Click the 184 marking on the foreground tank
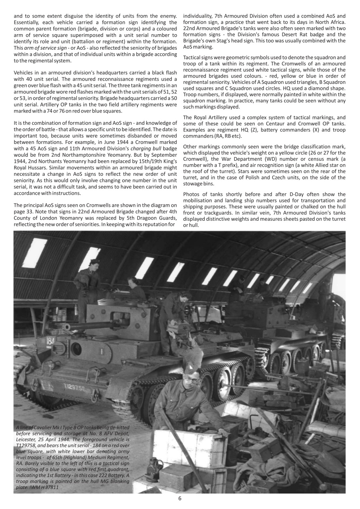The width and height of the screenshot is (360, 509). click(x=50, y=341)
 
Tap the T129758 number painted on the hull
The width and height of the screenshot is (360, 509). click(x=77, y=387)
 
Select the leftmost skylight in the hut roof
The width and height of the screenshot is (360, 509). click(x=35, y=253)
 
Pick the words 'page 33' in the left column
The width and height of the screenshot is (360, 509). click(x=23, y=212)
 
